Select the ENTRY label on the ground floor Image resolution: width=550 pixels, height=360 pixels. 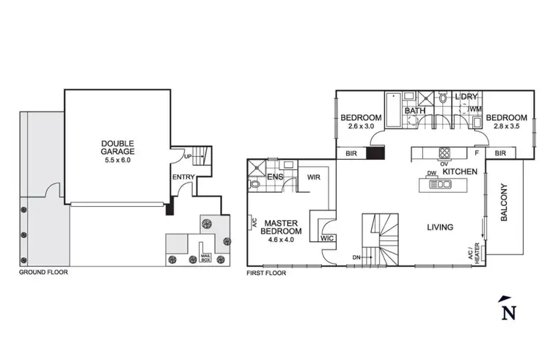click(x=183, y=177)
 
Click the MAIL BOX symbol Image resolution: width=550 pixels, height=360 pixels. click(x=206, y=257)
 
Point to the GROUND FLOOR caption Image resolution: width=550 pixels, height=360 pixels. click(x=45, y=273)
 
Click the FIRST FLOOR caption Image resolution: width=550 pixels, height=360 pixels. click(x=266, y=273)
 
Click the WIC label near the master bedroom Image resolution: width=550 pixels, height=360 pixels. click(x=326, y=238)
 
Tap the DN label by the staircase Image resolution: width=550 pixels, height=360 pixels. click(x=356, y=257)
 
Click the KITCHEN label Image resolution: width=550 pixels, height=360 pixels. click(x=460, y=171)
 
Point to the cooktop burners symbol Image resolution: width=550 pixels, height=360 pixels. click(x=444, y=153)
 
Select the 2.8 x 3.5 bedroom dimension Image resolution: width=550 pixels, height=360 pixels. click(x=506, y=127)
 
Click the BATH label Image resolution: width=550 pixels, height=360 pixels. click(x=415, y=111)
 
